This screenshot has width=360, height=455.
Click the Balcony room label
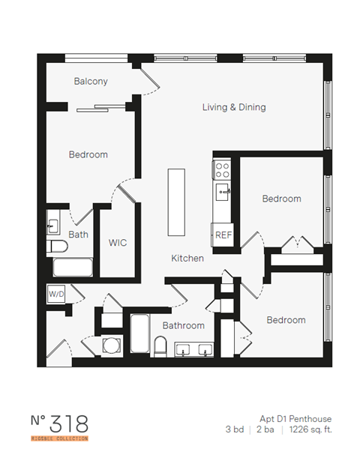[x=91, y=81]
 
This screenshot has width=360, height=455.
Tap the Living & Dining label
[x=234, y=107]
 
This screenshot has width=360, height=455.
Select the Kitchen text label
[x=187, y=258]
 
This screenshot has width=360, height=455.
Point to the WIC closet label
[x=118, y=243]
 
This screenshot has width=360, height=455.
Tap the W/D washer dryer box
[x=57, y=295]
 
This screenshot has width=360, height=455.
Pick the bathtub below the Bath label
[x=72, y=267]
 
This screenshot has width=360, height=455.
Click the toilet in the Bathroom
[x=160, y=346]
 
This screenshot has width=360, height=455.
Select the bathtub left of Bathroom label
[x=140, y=334]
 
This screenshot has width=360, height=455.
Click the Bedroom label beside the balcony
[x=88, y=154]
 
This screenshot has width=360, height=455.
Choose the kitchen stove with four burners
[x=222, y=169]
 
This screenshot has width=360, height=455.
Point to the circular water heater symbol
[x=112, y=346]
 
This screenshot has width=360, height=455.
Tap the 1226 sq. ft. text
[x=310, y=430]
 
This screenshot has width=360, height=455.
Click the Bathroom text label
[x=184, y=325]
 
